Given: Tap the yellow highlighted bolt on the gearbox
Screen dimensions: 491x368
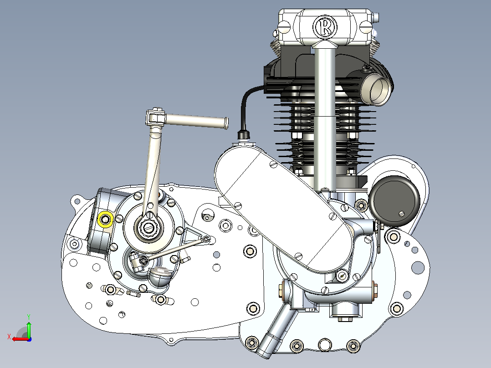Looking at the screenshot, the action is (x=105, y=219).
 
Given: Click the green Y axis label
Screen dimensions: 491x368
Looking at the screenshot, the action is (x=29, y=317).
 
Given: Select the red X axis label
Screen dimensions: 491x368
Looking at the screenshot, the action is (x=9, y=337).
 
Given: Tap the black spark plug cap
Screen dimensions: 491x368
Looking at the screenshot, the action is (x=244, y=135).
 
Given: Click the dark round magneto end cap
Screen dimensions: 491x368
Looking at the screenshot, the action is (x=394, y=201).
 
